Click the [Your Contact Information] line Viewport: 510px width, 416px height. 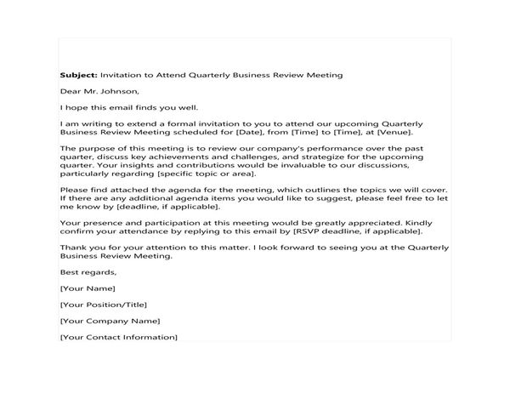(x=119, y=338)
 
